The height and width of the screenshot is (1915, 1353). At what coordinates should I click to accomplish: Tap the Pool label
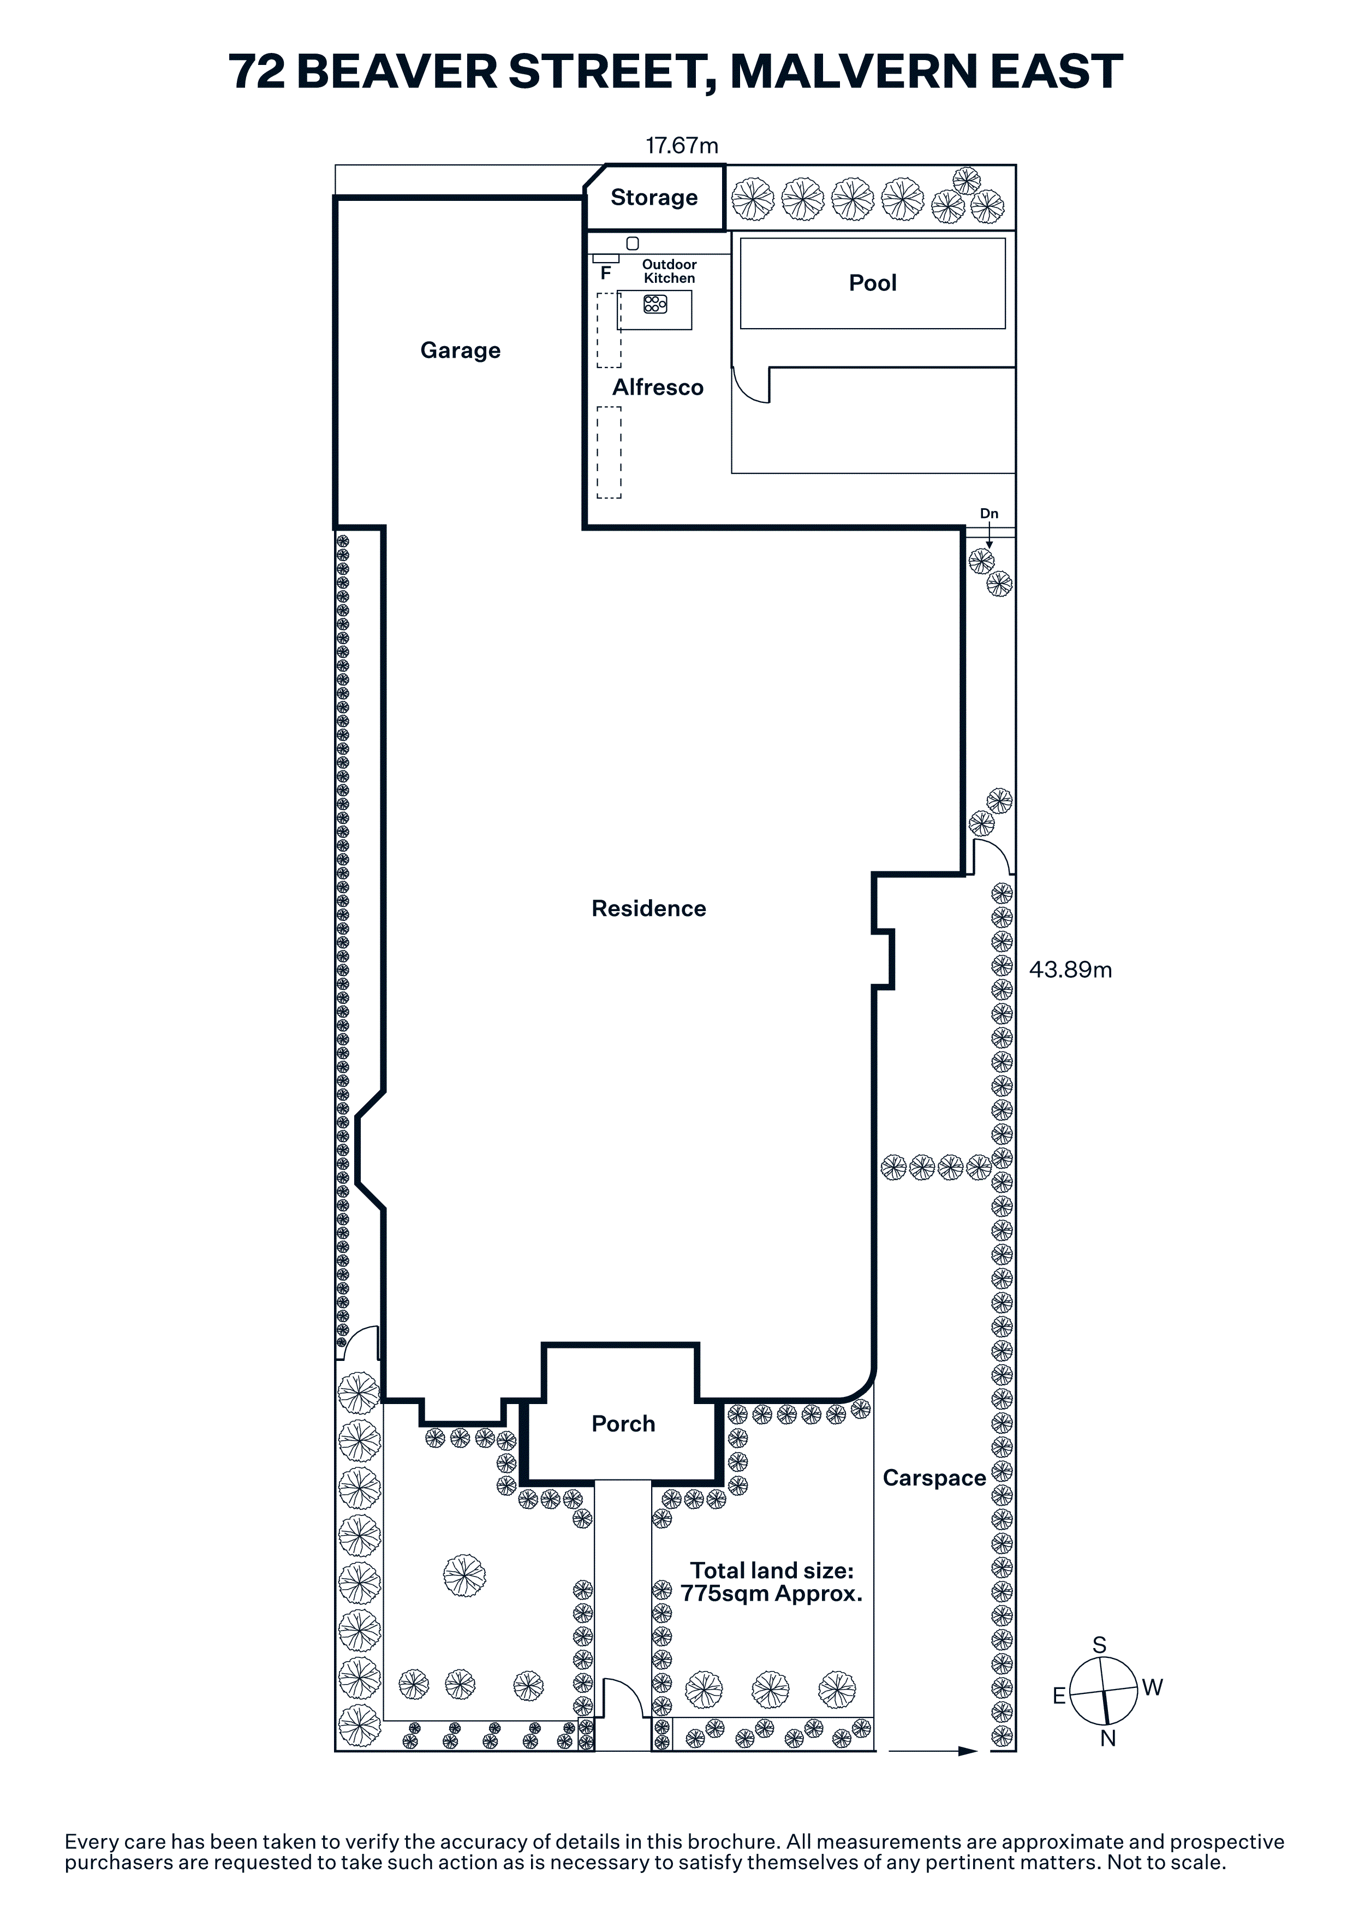tap(872, 283)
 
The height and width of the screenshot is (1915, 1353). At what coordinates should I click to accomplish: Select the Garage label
tap(460, 350)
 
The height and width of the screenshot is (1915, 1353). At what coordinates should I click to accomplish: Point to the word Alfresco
tap(658, 387)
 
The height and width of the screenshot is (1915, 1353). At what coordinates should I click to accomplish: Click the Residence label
tap(648, 908)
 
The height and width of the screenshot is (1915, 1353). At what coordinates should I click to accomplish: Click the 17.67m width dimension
tap(681, 145)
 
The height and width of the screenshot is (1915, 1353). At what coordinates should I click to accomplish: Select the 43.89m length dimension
tap(1070, 969)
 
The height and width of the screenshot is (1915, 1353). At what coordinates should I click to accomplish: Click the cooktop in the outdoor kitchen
tap(655, 305)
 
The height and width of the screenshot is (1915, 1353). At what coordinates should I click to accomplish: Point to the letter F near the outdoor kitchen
tap(606, 273)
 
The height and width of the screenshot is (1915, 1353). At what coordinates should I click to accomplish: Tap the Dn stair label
tap(989, 514)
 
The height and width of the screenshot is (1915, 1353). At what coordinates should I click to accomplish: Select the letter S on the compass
tap(1100, 1645)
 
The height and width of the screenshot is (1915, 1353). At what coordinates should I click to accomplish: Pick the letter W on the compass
tap(1152, 1687)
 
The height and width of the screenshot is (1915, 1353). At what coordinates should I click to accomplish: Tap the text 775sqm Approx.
tap(771, 1594)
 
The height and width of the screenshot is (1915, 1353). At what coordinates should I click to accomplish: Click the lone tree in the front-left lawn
tap(464, 1575)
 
